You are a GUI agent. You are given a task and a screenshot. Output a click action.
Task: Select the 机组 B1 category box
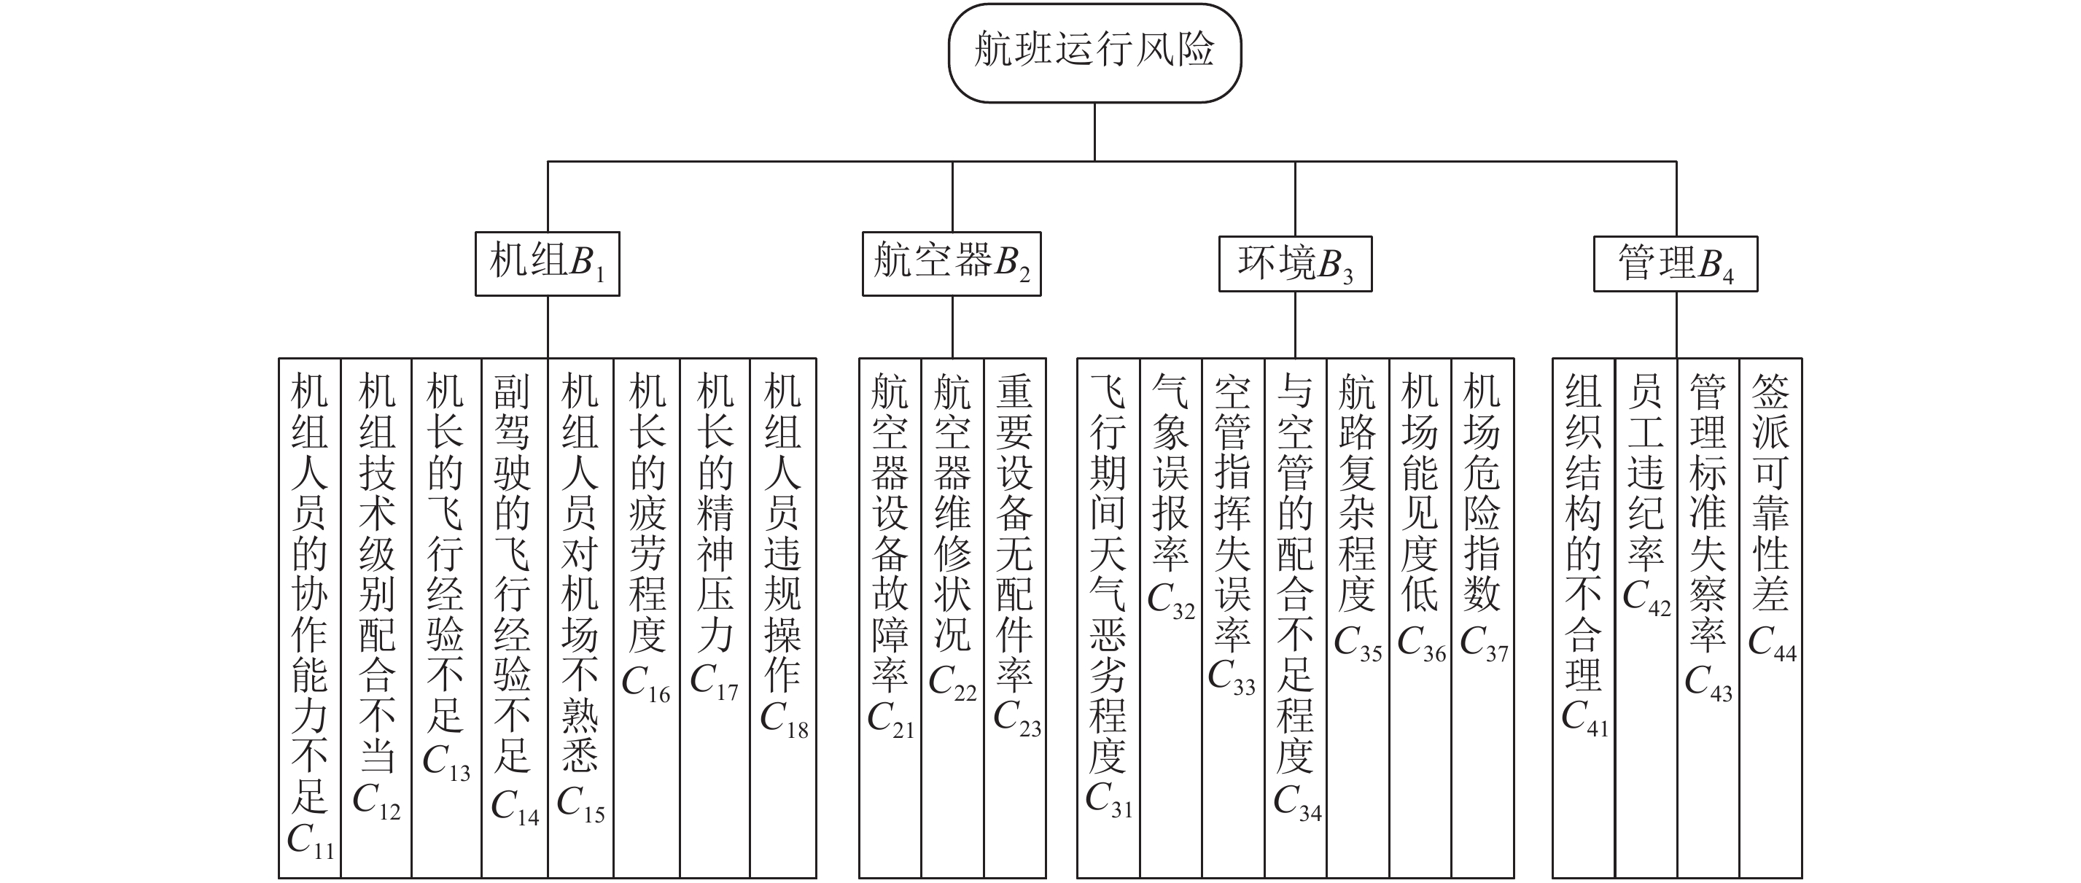pos(547,264)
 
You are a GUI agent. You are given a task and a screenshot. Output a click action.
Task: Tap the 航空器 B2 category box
pos(952,264)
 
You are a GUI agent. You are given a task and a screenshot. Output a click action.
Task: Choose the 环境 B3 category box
pos(1295,264)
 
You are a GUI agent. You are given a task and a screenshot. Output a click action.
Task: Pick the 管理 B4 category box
pos(1676,264)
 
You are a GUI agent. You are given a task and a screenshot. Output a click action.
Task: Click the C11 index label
pos(310,840)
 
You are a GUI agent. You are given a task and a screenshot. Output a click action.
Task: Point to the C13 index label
pos(447,762)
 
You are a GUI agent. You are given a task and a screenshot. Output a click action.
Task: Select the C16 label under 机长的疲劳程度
pos(646,684)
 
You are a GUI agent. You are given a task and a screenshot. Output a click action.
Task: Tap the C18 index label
pos(785,720)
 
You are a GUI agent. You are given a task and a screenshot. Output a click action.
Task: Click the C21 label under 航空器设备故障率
pos(890,719)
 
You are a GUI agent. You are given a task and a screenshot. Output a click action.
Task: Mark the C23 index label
pos(1017,717)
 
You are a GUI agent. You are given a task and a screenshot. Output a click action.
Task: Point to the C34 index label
pos(1297,802)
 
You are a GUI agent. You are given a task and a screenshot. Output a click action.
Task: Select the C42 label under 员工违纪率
pos(1646,598)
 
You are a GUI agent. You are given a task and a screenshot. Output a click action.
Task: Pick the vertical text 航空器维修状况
pos(953,513)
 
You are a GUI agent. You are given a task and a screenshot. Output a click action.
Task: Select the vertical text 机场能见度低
pos(1420,493)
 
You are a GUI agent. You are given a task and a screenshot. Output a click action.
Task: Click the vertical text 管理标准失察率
pos(1708,513)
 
